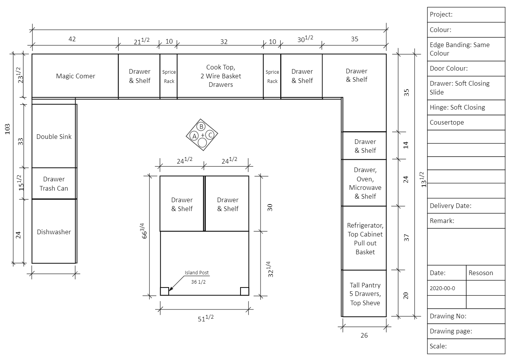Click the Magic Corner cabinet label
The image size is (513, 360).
(x=75, y=76)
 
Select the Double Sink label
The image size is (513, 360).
(x=54, y=137)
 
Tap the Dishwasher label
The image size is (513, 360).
(x=54, y=232)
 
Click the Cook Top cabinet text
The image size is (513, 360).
(x=220, y=76)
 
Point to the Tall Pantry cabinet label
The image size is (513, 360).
(x=365, y=294)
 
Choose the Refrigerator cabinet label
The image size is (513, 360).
(x=365, y=238)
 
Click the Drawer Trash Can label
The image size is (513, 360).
(x=54, y=184)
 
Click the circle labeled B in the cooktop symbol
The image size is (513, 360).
(x=201, y=126)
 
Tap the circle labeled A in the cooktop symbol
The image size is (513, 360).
(x=194, y=136)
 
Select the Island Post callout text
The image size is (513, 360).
(x=196, y=273)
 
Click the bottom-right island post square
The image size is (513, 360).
(x=244, y=291)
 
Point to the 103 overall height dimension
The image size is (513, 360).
(x=7, y=129)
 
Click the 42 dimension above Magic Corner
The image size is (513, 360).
(x=72, y=39)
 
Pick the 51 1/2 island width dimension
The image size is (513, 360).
(x=206, y=318)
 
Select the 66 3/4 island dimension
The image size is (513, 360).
(x=144, y=231)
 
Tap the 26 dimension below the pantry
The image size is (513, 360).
(x=364, y=335)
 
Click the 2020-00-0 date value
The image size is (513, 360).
(x=442, y=288)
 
